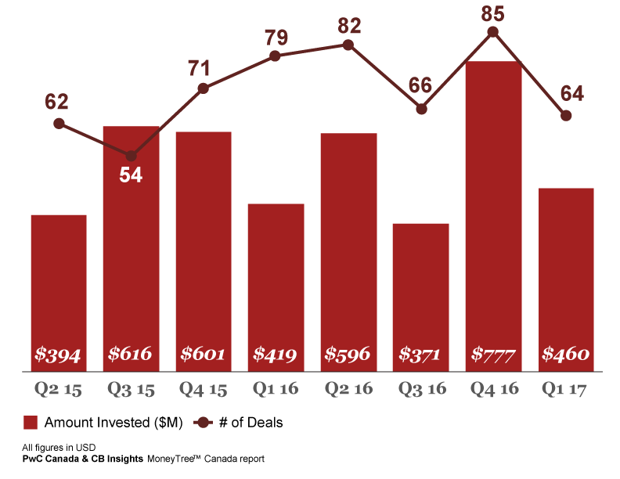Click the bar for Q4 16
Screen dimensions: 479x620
[493, 211]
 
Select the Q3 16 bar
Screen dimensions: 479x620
[420, 290]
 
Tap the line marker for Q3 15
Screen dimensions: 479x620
[132, 156]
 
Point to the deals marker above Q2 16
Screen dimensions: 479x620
[348, 45]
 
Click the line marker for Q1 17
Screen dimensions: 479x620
[566, 115]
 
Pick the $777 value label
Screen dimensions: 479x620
[493, 355]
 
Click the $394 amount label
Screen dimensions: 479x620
[59, 355]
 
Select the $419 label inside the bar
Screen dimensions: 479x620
[276, 355]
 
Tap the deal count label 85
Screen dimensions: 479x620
[493, 13]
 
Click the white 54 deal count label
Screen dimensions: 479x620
[131, 175]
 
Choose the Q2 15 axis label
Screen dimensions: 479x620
[59, 389]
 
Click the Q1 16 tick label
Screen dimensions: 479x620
[276, 389]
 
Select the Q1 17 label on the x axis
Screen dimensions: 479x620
[566, 389]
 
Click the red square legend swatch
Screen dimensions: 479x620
[31, 423]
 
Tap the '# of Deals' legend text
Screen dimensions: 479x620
[252, 423]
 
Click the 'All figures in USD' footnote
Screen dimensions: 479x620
[59, 447]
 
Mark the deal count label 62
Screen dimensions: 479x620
[57, 102]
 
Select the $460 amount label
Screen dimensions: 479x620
[566, 355]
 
